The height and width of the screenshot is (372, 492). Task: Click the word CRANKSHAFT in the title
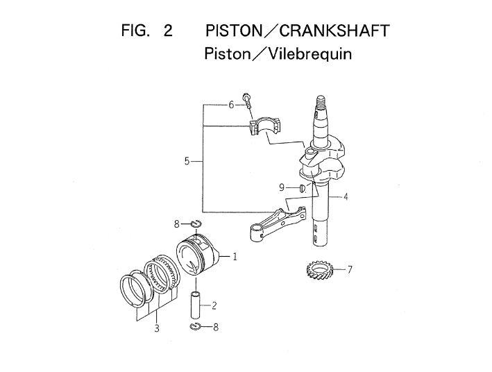tap(334, 31)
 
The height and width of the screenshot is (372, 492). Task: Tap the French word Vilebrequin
tap(306, 53)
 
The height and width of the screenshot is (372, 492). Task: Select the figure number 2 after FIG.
tap(167, 31)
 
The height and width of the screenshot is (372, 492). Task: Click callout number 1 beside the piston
tap(235, 257)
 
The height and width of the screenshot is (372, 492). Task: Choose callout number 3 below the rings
tap(157, 328)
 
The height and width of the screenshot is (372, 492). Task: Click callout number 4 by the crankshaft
tap(346, 196)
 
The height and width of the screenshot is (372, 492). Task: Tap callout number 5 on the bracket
tap(187, 161)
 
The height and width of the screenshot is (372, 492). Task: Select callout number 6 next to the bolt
tap(232, 105)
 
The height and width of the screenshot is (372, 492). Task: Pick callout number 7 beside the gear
tap(350, 269)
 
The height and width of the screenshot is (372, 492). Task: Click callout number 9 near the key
tap(282, 187)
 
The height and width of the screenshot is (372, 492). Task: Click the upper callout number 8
tap(177, 223)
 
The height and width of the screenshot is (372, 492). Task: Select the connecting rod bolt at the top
tap(246, 100)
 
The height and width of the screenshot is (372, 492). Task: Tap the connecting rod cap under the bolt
tap(264, 126)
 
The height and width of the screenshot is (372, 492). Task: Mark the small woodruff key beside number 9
tap(302, 188)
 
